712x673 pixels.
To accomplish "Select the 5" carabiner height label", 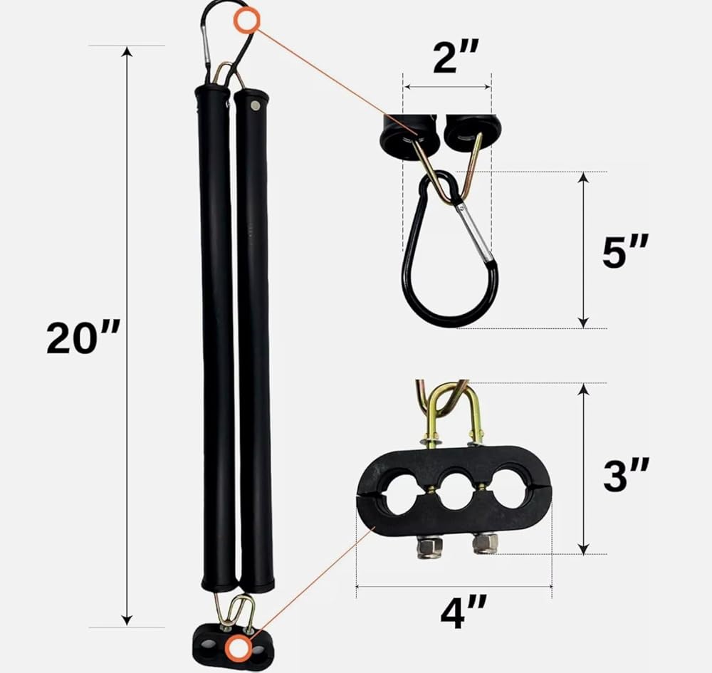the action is click(625, 251).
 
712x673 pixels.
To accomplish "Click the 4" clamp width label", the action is click(464, 612).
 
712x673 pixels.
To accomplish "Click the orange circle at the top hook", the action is click(246, 21).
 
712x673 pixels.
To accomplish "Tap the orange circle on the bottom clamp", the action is click(239, 647).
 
